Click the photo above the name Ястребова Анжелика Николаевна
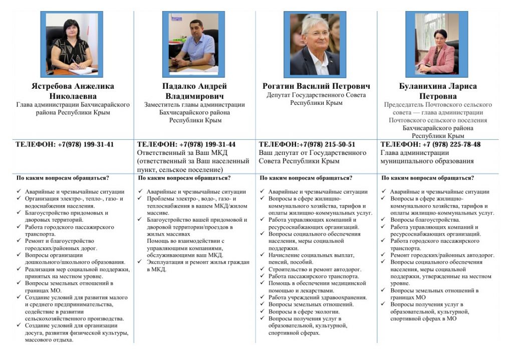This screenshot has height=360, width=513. coord(72,44)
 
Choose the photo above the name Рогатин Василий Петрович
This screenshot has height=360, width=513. coord(315,44)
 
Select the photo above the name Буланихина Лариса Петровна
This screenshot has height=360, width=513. coord(436,44)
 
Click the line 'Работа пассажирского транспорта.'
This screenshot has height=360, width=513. coord(313,276)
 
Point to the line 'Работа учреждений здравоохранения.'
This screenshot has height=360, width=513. coord(317,297)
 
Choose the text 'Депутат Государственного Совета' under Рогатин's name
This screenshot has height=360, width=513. coord(316,95)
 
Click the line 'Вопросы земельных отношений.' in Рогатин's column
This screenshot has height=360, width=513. coord(311,304)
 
